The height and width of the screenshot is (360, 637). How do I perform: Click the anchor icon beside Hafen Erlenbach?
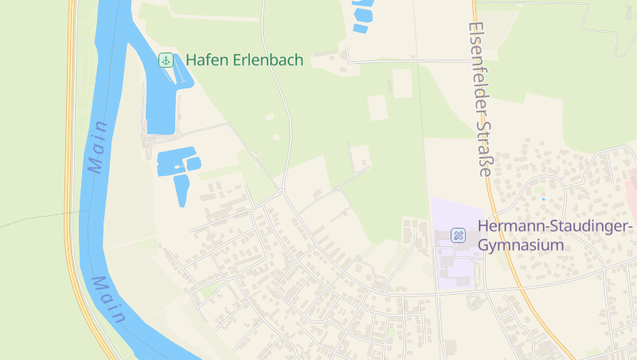point(166,60)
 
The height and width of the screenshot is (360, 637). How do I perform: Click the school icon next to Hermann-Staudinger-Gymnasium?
point(458,235)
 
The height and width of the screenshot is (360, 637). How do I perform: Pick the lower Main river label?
point(107,299)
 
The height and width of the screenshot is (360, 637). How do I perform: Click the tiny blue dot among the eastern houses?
point(544,198)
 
